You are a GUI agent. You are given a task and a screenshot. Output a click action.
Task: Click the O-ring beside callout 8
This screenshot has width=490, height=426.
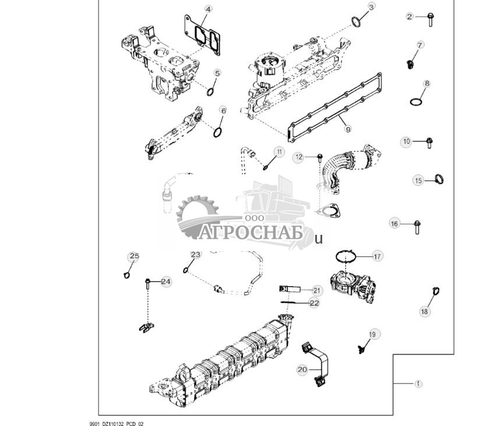(x=415, y=102)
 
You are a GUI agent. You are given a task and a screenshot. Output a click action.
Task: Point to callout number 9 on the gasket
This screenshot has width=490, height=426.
(x=348, y=129)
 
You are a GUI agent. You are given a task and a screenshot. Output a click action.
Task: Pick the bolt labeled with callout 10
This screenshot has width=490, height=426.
(x=428, y=142)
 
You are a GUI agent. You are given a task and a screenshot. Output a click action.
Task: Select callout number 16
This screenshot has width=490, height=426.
(x=394, y=224)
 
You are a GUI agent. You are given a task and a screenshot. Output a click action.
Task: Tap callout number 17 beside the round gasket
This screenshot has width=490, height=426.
(x=377, y=256)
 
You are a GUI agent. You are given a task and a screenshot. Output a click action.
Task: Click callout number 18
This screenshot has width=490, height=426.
(x=424, y=312)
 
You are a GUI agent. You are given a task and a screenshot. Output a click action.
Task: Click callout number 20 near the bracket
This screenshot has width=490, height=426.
(x=302, y=369)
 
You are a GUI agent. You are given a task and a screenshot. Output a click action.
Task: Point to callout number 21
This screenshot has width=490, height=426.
(x=316, y=290)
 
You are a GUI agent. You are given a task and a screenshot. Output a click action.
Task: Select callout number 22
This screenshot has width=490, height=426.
(x=315, y=303)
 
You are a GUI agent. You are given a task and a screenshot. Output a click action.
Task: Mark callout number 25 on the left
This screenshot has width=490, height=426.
(x=134, y=256)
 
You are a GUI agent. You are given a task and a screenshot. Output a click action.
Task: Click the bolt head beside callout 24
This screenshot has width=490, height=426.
(x=149, y=283)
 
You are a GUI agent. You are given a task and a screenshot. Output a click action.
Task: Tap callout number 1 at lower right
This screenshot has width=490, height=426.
(x=418, y=383)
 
